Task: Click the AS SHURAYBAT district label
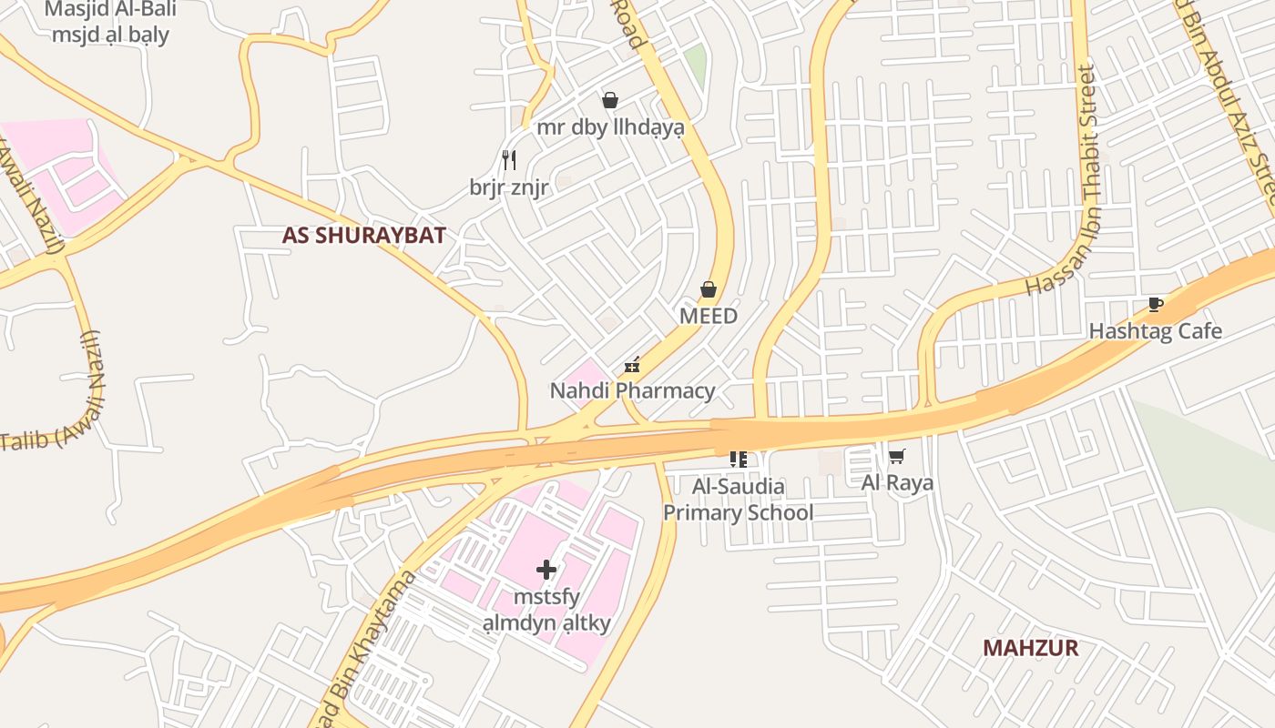[x=363, y=236]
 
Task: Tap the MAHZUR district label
[x=1030, y=648]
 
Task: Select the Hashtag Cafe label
[x=1155, y=331]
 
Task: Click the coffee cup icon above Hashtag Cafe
[x=1155, y=305]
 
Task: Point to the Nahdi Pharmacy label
[x=632, y=391]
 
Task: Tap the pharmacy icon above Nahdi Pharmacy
[x=632, y=366]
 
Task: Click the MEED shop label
[x=709, y=316]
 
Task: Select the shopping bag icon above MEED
[x=709, y=289]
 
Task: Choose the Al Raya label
[x=897, y=482]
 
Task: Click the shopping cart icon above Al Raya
[x=897, y=456]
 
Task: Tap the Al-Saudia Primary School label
[x=738, y=500]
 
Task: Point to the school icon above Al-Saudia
[x=738, y=460]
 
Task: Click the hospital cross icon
[x=546, y=570]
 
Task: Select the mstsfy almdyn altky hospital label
[x=546, y=611]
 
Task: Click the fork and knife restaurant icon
[x=509, y=160]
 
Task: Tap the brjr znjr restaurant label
[x=509, y=187]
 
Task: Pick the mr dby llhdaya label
[x=610, y=127]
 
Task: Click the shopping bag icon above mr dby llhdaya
[x=610, y=100]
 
